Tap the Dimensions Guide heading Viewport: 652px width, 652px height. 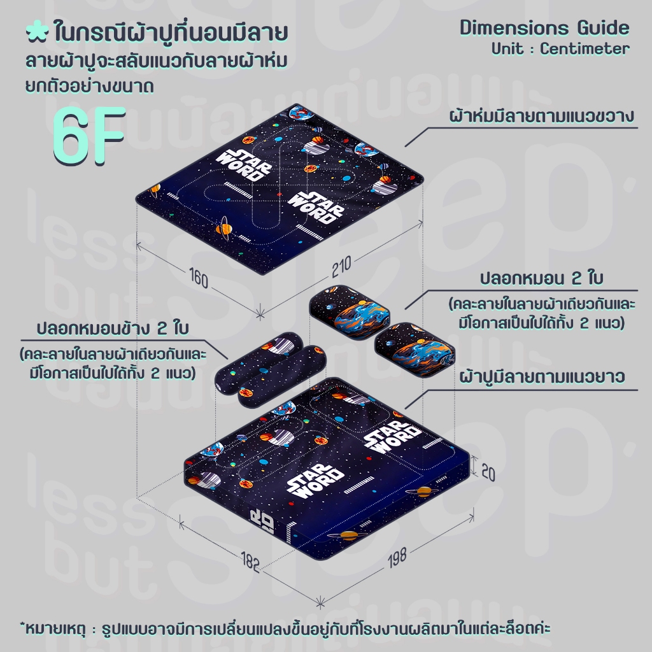point(544,28)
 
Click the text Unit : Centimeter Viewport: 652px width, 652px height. point(560,48)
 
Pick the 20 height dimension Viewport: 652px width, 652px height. point(488,472)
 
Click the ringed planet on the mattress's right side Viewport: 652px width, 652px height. point(423,492)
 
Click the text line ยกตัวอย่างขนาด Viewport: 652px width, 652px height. point(89,86)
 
